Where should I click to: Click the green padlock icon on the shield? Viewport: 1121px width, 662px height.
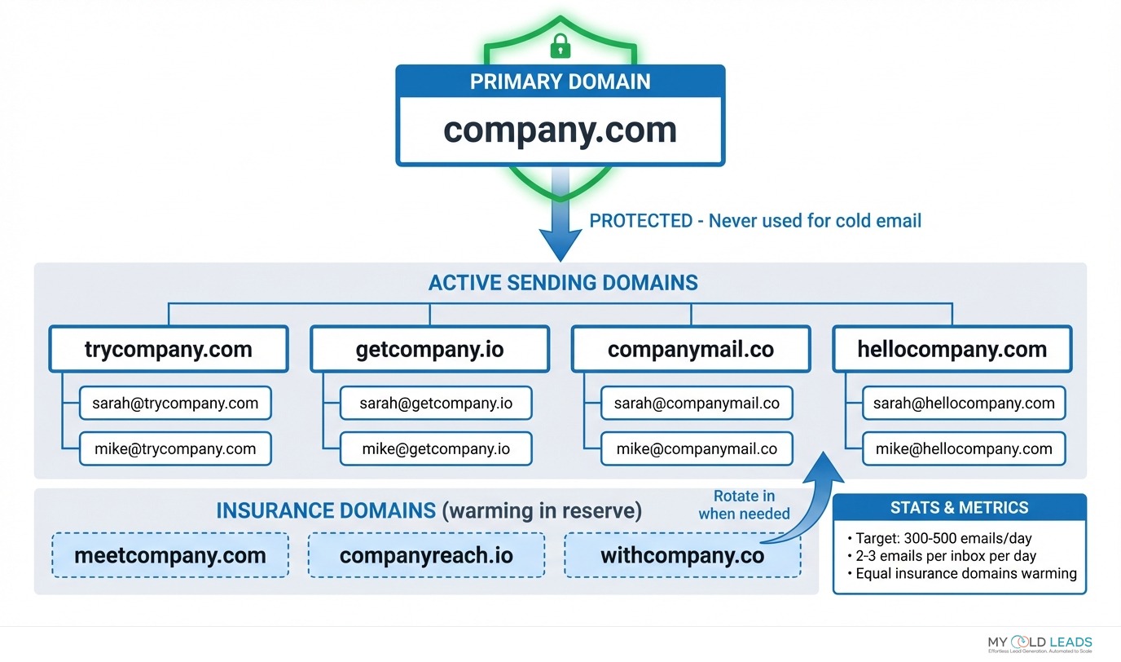point(560,47)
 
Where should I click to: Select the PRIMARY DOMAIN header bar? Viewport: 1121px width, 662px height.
point(560,82)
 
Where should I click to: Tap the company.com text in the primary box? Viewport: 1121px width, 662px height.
point(560,130)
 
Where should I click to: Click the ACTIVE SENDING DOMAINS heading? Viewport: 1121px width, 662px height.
point(563,283)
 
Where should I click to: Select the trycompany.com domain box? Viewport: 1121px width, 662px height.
point(169,350)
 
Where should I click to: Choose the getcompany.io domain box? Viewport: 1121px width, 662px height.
point(429,350)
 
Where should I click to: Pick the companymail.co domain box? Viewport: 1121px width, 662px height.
point(690,350)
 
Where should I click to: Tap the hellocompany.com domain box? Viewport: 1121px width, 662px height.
point(952,350)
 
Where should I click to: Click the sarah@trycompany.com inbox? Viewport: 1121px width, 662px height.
point(175,403)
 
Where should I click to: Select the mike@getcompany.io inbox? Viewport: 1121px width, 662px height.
point(436,448)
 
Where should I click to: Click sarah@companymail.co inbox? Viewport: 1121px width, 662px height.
point(697,403)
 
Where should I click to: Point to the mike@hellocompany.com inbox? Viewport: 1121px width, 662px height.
point(964,448)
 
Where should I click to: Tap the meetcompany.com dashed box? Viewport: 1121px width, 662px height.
point(170,556)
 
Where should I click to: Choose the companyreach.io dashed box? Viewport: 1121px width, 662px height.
point(426,556)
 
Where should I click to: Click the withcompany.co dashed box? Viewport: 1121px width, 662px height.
point(682,556)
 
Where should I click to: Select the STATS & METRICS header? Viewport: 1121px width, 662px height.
point(959,508)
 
